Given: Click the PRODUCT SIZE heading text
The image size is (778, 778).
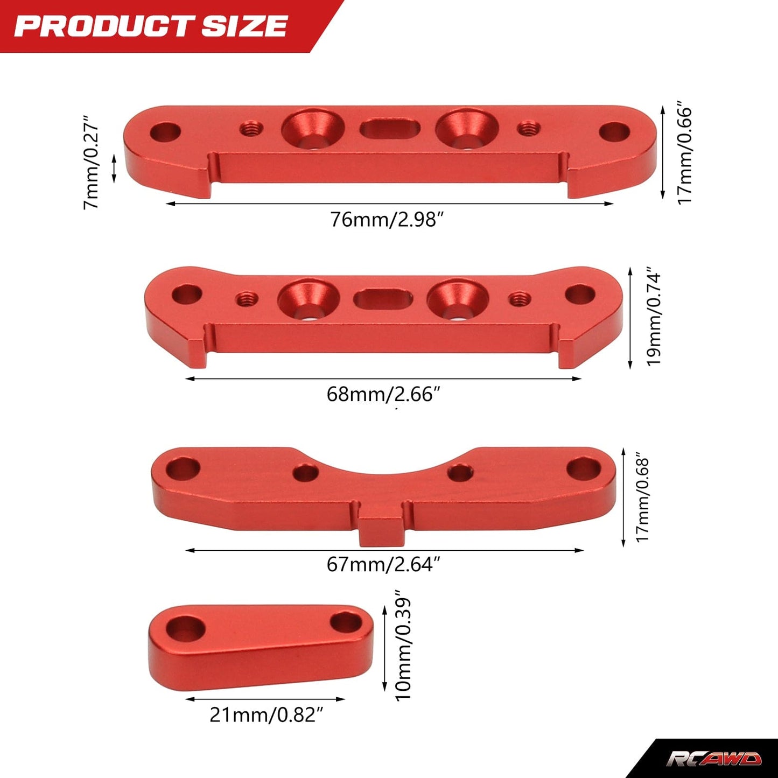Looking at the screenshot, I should pos(151,26).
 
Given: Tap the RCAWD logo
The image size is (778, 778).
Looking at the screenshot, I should pos(714,759).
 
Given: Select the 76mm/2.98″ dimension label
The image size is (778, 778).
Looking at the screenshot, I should pos(387,220).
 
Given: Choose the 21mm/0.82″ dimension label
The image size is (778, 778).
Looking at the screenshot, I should pos(267,714).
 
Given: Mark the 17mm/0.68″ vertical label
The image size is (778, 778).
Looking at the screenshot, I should pos(643,500).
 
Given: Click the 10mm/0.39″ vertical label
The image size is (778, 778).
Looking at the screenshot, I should pos(403,648).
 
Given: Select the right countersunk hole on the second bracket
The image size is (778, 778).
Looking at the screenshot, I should pos(458,299).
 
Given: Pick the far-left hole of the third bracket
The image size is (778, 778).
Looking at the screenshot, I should pos(183,469).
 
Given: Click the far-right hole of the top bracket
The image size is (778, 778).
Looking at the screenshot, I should pos(614,131).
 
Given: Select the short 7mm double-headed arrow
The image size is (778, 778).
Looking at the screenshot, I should pos(114,169).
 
